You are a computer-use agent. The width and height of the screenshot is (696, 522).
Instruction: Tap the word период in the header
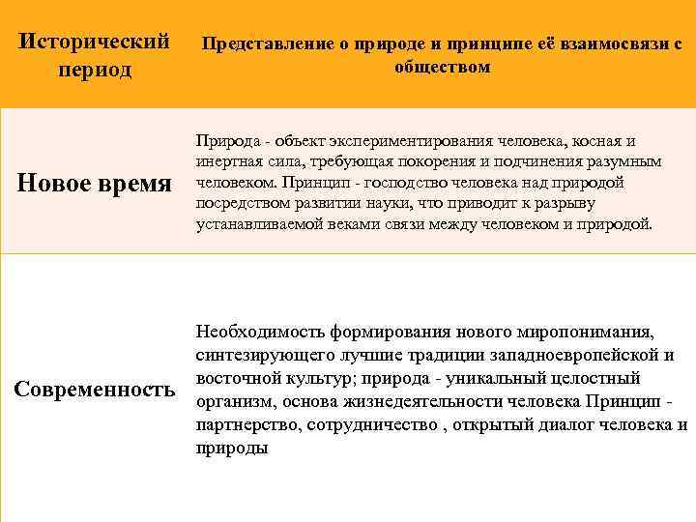[95, 71]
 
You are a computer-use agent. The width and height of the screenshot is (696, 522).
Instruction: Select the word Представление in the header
[256, 44]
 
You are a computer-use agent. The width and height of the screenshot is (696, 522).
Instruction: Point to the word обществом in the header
[442, 67]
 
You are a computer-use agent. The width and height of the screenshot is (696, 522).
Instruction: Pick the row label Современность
[95, 390]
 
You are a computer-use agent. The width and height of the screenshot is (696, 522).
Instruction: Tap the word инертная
[225, 162]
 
